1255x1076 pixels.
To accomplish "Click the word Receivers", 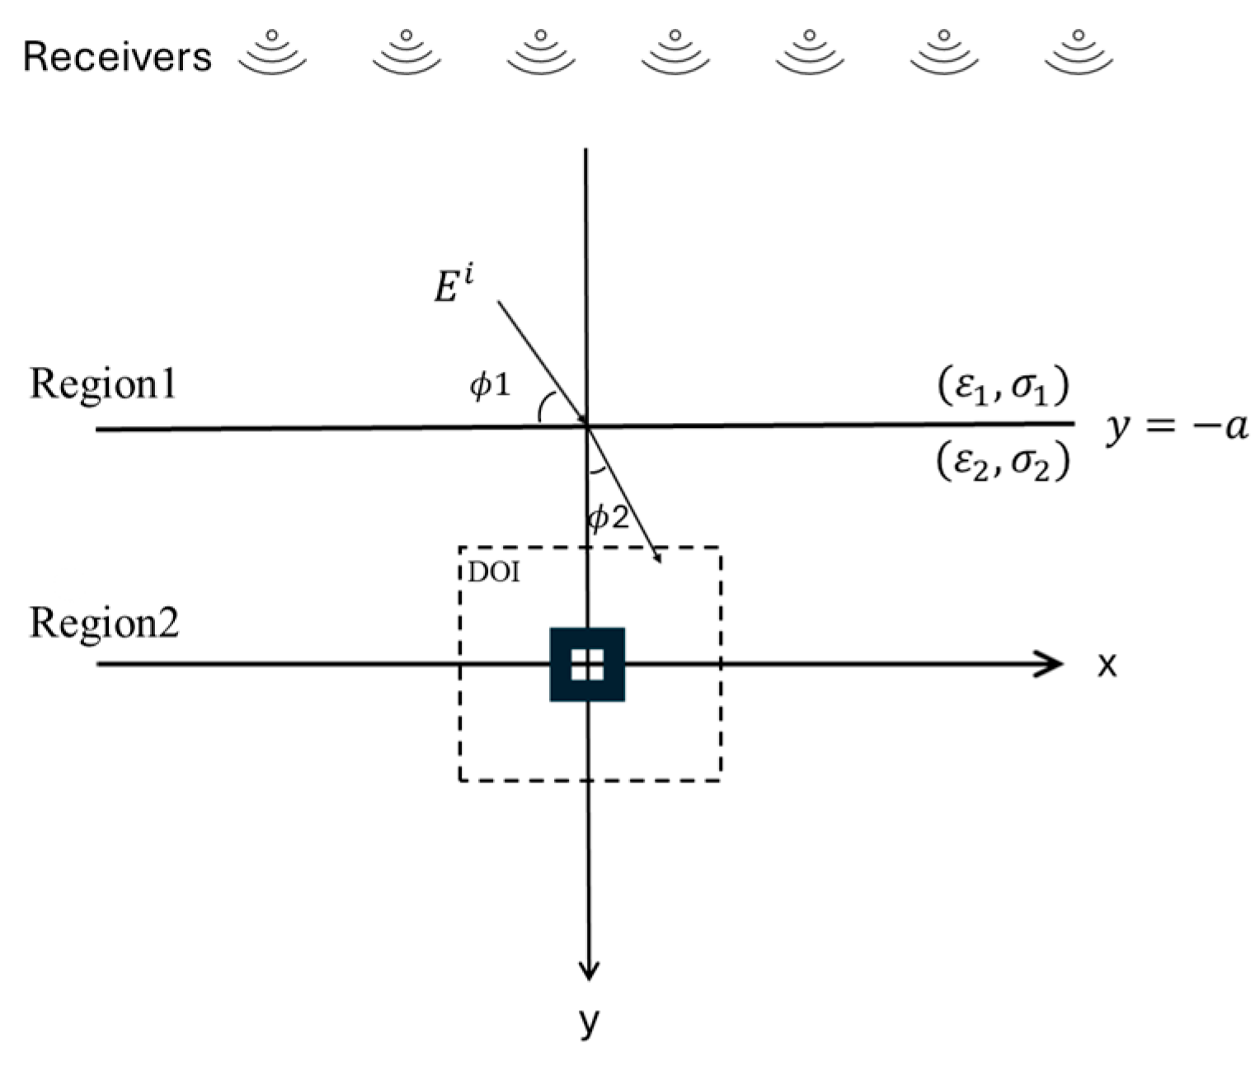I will click(x=117, y=58).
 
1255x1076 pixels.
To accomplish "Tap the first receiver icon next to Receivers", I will click(x=272, y=53).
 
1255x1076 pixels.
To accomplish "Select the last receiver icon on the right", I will click(x=1079, y=53).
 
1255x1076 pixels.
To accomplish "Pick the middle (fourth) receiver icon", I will click(x=675, y=53).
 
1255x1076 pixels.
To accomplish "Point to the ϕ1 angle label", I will click(x=490, y=384).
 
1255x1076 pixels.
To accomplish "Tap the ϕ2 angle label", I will click(x=609, y=518).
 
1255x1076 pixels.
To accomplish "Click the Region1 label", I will click(x=103, y=384).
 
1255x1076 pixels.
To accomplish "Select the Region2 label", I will click(x=105, y=623).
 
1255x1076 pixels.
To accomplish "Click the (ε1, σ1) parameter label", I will click(x=1004, y=386).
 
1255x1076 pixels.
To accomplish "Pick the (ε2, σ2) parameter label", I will click(x=1004, y=463).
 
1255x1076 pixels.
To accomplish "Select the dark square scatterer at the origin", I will click(x=587, y=665).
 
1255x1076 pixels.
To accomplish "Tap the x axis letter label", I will click(x=1107, y=665).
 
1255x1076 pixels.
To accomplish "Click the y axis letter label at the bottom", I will click(x=588, y=1021).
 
